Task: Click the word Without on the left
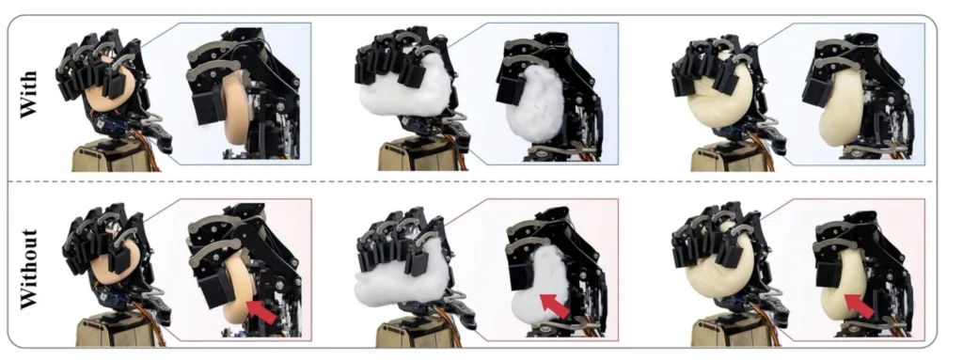pyautogui.click(x=28, y=269)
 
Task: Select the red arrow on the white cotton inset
pyautogui.click(x=554, y=305)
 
